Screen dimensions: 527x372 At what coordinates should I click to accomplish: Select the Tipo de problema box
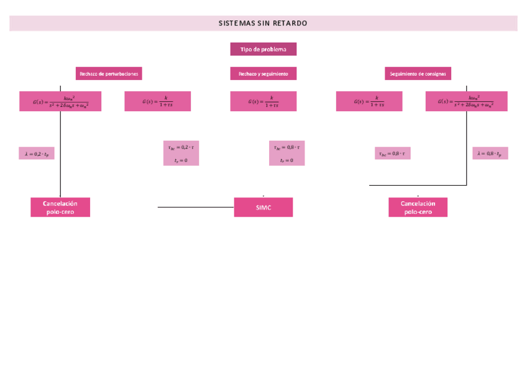coord(263,49)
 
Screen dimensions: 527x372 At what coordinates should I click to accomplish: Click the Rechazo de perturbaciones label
coord(109,73)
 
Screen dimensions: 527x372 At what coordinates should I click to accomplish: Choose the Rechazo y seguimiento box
coord(263,73)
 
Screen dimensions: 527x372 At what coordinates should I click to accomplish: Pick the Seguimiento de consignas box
coord(418,73)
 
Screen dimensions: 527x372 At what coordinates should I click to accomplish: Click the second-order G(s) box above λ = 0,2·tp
coord(60,101)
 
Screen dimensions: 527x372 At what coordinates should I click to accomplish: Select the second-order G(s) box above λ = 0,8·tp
coord(466,101)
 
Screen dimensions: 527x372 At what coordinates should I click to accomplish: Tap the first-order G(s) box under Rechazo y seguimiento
coord(263,101)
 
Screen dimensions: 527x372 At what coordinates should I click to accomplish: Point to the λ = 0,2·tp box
coord(37,153)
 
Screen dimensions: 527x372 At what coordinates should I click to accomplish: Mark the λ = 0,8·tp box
coord(490,153)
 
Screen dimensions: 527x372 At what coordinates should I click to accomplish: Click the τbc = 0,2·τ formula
coord(181,147)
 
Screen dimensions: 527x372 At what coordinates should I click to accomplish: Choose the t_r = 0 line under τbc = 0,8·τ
coord(286,160)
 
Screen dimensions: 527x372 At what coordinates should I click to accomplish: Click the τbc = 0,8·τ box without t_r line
coord(392,153)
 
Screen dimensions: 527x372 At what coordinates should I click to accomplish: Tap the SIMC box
coord(263,207)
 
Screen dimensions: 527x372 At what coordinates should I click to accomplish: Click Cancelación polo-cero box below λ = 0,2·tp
coord(60,207)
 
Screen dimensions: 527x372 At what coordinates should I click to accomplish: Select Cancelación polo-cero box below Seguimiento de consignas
coord(418,207)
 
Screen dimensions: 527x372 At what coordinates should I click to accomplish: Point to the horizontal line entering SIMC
coord(195,207)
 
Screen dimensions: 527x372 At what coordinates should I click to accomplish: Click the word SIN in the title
coord(263,24)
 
